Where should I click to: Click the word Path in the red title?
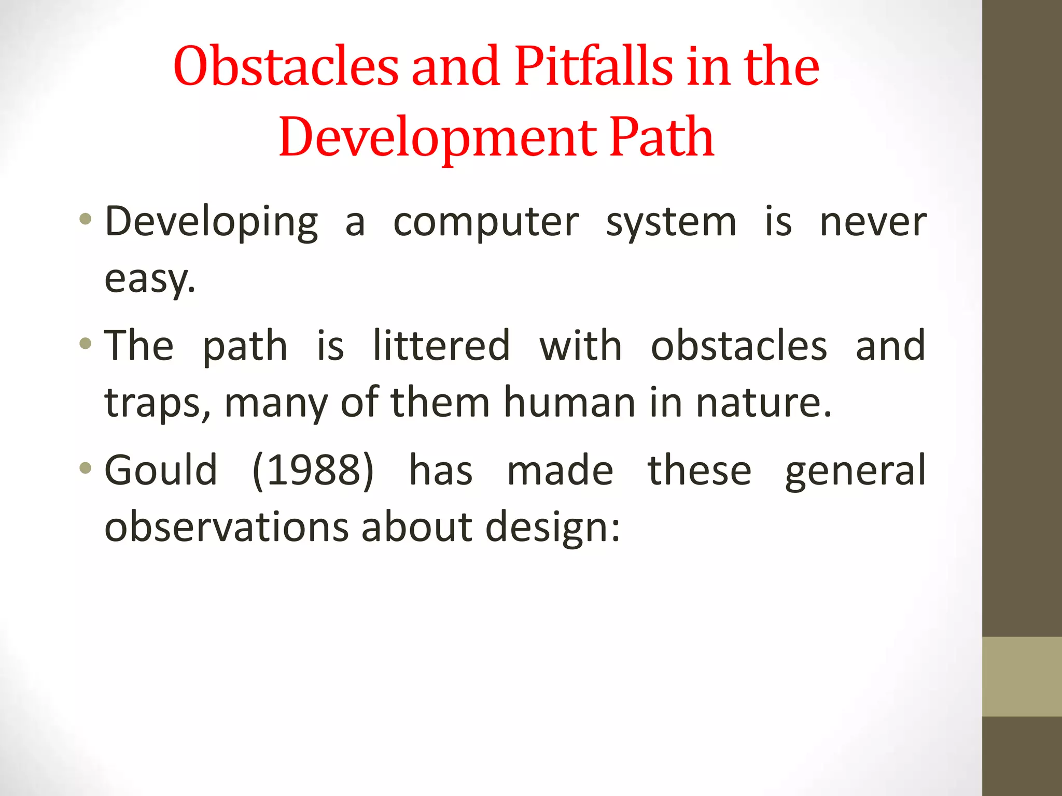[662, 137]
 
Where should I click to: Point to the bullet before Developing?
[86, 219]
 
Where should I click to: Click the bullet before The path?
[86, 343]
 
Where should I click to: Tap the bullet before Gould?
[86, 468]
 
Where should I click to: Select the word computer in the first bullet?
[485, 223]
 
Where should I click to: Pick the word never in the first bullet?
[873, 223]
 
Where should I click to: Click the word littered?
[441, 346]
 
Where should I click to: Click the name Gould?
[161, 470]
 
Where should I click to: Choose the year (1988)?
[313, 470]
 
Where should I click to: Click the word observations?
[227, 527]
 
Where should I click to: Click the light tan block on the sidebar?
[1022, 676]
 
